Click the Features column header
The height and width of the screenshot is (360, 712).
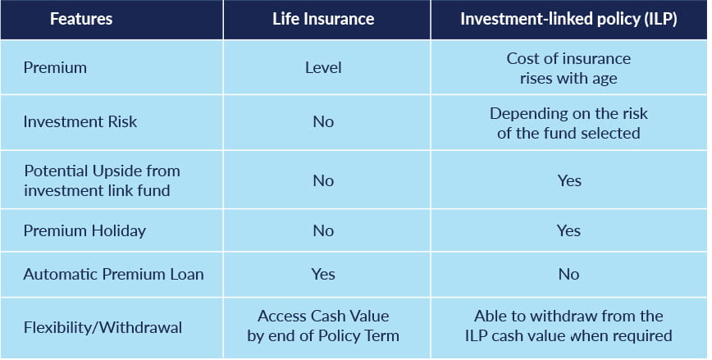pos(81,19)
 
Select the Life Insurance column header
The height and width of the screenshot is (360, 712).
pos(323,19)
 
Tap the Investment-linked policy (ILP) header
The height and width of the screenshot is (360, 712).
pos(569,20)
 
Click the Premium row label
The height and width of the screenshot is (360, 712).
pos(55,67)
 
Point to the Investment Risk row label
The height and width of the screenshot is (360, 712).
pos(80,121)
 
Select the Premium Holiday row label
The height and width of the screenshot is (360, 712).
pos(84,231)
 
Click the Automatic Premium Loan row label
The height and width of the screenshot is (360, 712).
pos(113,274)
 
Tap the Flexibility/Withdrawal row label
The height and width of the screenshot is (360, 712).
pos(103,328)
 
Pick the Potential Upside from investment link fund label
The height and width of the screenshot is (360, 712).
pos(103,180)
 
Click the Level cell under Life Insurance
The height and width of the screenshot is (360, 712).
pos(323,67)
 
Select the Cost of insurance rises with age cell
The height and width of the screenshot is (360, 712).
pos(568,69)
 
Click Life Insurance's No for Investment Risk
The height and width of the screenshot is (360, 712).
pos(323,121)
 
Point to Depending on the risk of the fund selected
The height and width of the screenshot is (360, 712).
pos(568,123)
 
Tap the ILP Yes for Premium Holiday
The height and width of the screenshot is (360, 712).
pos(569,230)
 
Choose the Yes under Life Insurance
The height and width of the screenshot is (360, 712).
pos(323,274)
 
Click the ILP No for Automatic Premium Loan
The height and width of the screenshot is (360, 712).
pos(569,274)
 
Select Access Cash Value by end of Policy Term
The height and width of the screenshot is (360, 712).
pos(323,326)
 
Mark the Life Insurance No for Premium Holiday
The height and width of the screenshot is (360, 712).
pos(323,230)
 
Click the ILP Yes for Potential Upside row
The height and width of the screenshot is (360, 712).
pos(569,180)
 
